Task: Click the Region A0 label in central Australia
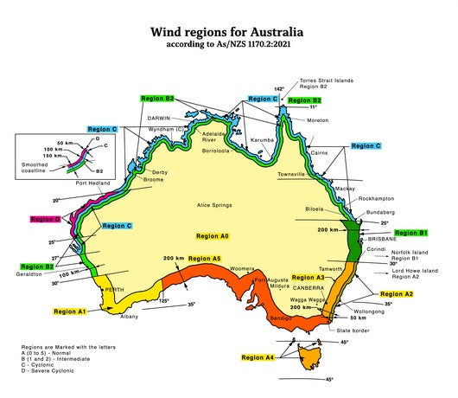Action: [213, 236]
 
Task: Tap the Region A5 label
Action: [205, 259]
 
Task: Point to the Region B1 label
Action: [411, 233]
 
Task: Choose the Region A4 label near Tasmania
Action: [258, 356]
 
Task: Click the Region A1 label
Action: [70, 310]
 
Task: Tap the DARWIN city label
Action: [160, 118]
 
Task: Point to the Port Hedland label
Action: [92, 183]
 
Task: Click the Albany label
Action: [129, 317]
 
